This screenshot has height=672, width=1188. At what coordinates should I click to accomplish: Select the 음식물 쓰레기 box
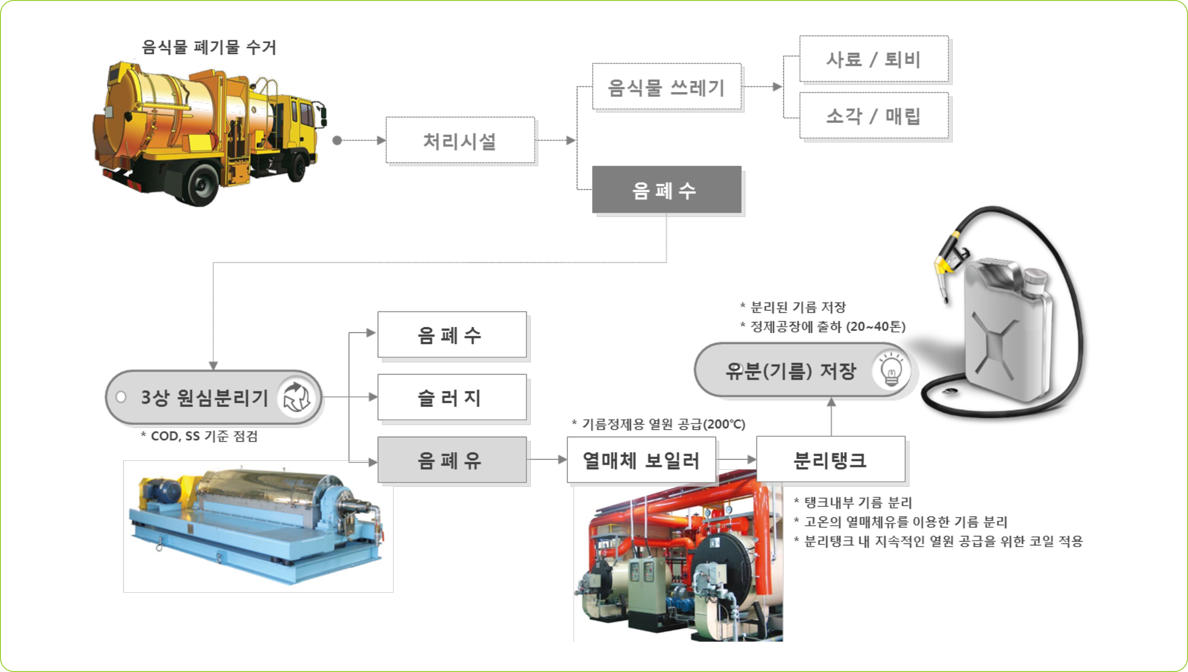click(x=666, y=87)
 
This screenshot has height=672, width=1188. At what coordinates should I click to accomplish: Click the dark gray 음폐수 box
click(x=666, y=190)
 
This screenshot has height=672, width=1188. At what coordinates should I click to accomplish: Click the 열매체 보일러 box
click(x=641, y=460)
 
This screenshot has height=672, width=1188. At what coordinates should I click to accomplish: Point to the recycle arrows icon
click(x=296, y=398)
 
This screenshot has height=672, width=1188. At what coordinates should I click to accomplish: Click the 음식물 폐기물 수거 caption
click(x=209, y=47)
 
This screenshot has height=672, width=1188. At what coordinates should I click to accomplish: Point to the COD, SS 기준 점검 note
click(x=200, y=436)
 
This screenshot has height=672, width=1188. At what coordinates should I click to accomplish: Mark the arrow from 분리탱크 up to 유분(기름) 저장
click(x=831, y=416)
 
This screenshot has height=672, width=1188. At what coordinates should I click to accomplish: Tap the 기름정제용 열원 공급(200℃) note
click(x=659, y=424)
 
